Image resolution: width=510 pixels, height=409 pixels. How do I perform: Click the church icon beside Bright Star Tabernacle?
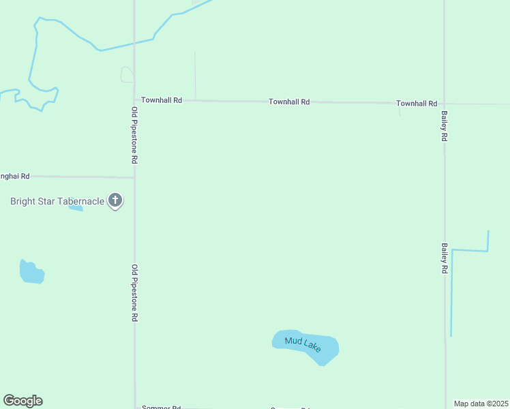(115, 200)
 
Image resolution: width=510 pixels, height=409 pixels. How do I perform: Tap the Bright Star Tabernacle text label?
(57, 201)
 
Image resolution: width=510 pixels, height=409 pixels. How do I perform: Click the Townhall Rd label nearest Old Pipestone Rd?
(162, 100)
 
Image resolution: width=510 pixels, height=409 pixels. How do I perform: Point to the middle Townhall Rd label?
(289, 102)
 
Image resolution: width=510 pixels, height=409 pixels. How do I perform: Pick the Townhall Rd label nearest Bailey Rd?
(417, 104)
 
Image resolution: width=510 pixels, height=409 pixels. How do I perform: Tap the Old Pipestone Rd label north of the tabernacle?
(135, 134)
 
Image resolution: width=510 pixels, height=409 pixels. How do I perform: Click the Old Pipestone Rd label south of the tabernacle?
(135, 293)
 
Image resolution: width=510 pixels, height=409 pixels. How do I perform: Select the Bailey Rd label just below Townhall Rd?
(444, 127)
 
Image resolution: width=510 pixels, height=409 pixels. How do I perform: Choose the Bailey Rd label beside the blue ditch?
(444, 258)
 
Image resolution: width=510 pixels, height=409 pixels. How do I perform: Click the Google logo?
(22, 401)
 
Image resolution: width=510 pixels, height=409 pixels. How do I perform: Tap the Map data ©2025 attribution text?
(481, 404)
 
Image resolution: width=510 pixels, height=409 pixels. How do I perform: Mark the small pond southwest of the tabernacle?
(31, 272)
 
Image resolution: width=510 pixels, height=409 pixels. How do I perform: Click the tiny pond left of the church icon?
(76, 207)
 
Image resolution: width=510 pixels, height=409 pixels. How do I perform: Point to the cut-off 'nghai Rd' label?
(15, 176)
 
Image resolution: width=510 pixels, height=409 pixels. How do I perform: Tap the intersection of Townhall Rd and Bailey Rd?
(445, 104)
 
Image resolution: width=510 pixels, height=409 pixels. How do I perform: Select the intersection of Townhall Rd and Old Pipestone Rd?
(134, 100)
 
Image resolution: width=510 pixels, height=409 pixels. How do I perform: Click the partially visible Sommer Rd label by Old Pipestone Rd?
(161, 407)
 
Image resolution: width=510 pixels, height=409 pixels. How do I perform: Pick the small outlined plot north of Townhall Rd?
(127, 74)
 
